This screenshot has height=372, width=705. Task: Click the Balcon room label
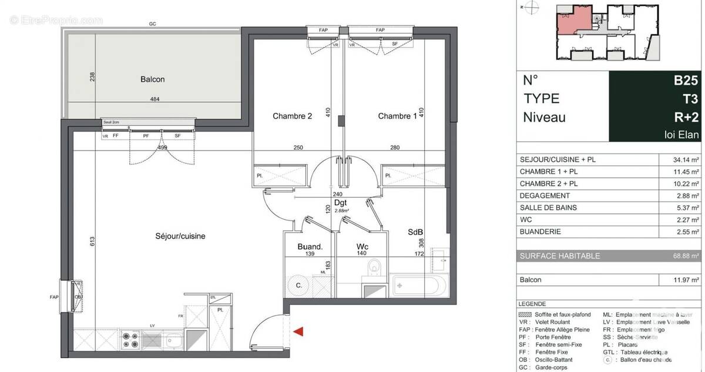coord(152,79)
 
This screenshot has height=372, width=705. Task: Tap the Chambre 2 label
coord(292,116)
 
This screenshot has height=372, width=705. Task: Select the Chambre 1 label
coord(397,116)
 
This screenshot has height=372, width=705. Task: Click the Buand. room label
coord(310,247)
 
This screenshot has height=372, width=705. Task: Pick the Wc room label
coord(362,247)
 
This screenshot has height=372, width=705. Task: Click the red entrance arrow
coord(300,332)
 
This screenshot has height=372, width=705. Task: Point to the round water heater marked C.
coord(298,286)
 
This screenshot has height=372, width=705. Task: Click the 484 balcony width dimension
coord(155,99)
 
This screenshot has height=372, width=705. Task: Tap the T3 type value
coord(691,99)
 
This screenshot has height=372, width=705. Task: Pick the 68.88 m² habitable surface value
coord(686,256)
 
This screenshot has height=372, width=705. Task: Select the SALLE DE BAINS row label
coord(549,207)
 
